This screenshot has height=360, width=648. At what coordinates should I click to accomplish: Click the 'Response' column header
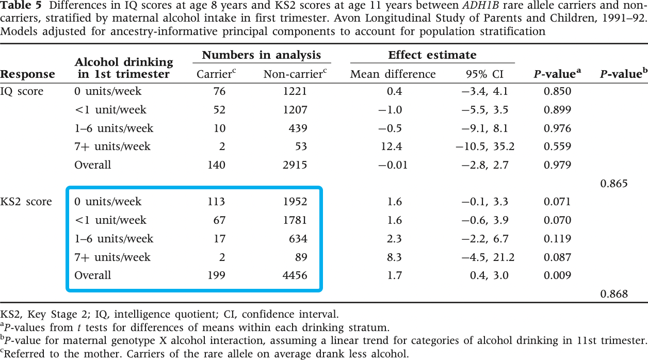click(x=27, y=74)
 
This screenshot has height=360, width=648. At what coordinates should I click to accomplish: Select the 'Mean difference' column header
click(x=393, y=74)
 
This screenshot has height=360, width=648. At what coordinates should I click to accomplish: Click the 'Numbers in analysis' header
click(x=261, y=56)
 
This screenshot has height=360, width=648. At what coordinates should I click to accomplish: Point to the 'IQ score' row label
click(x=22, y=92)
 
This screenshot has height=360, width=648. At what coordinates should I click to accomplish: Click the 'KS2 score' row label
click(x=26, y=202)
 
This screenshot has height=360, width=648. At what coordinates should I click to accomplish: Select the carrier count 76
click(x=219, y=92)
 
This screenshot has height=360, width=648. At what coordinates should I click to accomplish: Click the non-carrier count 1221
click(x=295, y=92)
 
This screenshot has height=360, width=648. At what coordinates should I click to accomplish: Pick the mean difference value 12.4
click(x=391, y=146)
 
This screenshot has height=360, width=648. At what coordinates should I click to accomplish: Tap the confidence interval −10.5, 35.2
click(x=485, y=146)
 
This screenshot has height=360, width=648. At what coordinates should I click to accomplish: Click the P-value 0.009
click(x=557, y=276)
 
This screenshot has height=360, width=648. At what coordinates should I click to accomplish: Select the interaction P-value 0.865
click(x=614, y=184)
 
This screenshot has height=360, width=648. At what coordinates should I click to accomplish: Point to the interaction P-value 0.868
click(x=614, y=294)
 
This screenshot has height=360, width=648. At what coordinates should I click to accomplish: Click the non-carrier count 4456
click(x=295, y=276)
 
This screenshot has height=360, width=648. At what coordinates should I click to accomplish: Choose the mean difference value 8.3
click(x=395, y=257)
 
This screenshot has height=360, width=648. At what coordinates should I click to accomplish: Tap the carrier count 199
click(x=216, y=276)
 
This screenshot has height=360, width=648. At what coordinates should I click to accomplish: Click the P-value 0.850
click(x=557, y=92)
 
